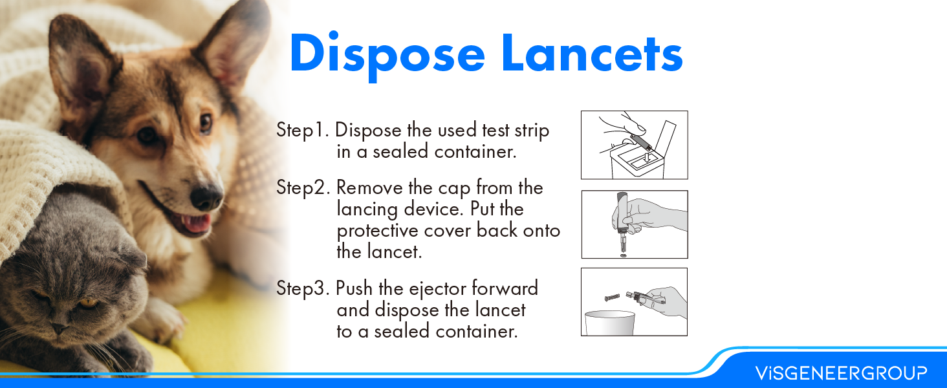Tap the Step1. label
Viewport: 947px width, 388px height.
point(303,130)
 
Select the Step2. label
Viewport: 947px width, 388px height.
point(304,188)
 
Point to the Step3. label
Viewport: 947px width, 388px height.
point(304,288)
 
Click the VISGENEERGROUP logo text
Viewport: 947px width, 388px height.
point(841,373)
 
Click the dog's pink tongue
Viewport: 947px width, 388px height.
point(196,224)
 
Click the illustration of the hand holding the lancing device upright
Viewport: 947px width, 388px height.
point(634,224)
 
